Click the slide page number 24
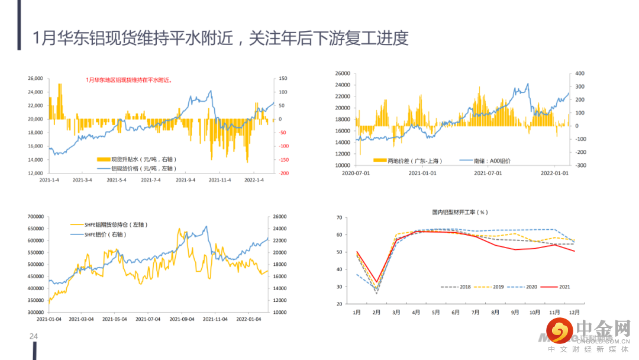click(34, 337)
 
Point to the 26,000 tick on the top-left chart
click(35, 78)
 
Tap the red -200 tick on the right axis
click(284, 173)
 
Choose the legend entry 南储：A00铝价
click(492, 160)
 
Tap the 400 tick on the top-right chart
click(580, 73)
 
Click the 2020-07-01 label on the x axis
click(356, 173)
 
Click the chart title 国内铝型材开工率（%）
click(460, 212)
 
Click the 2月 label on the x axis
click(376, 312)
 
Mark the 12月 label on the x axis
click(574, 312)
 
